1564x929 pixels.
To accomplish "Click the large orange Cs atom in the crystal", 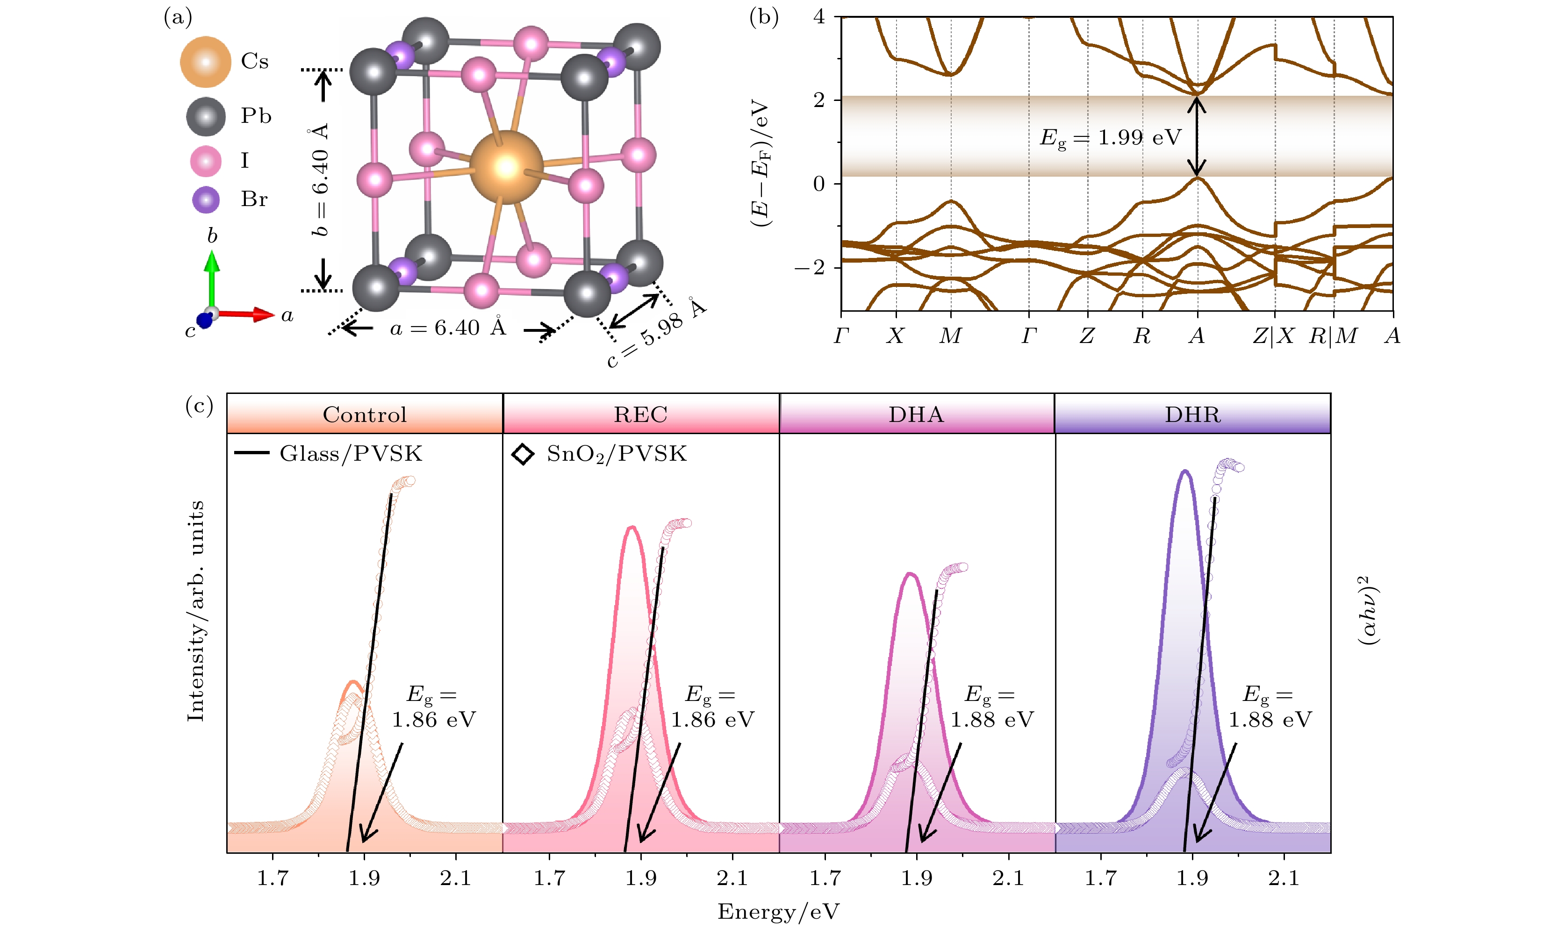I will [506, 167].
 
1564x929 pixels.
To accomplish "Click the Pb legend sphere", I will [205, 116].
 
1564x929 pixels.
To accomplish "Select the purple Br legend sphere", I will [205, 200].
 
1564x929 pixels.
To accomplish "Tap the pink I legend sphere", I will [205, 161].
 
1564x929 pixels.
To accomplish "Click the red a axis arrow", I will [247, 314].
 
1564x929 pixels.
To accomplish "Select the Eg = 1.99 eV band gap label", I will [1110, 138].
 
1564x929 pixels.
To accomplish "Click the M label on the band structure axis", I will [950, 336].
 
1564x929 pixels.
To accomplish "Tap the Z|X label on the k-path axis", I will [1273, 336].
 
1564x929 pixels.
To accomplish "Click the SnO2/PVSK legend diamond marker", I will [523, 454].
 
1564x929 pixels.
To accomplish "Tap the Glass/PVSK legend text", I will [351, 454].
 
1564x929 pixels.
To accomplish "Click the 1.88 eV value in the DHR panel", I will [1270, 720].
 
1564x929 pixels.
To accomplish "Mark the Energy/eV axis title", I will [778, 911].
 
